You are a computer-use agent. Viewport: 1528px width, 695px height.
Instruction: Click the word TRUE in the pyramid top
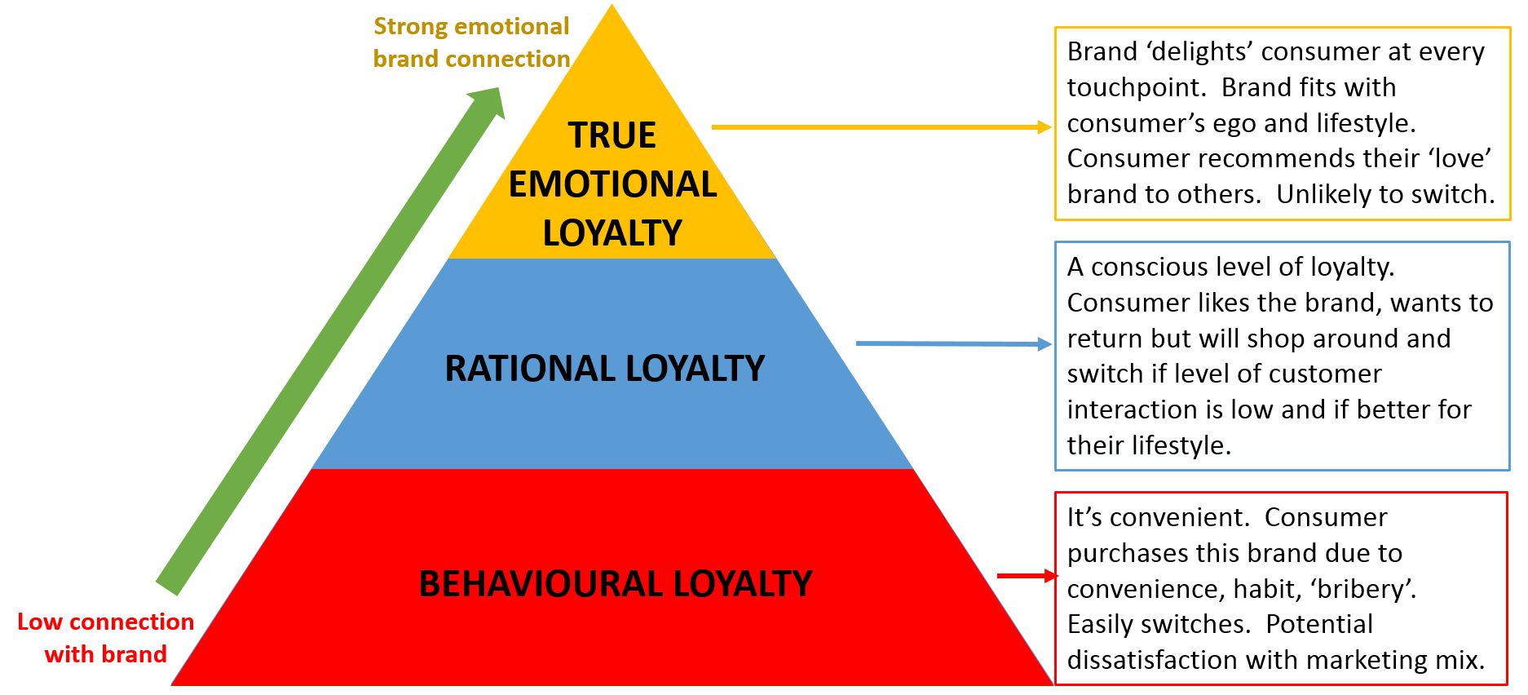click(612, 135)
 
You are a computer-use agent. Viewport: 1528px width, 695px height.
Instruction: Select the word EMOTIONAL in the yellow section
click(612, 184)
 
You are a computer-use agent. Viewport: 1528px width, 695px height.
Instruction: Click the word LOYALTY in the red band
click(742, 584)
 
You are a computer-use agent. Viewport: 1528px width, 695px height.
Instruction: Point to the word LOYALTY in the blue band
click(696, 369)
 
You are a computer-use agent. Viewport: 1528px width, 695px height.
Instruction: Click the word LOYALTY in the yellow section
click(612, 233)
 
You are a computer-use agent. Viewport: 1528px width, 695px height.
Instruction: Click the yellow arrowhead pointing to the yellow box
click(1044, 127)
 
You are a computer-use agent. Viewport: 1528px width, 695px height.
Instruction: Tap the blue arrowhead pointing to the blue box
click(1044, 344)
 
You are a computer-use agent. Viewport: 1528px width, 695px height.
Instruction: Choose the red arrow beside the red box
click(1027, 576)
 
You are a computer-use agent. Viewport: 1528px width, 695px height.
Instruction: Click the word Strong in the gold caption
click(410, 27)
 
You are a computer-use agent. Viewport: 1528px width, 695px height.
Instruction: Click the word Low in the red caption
click(40, 622)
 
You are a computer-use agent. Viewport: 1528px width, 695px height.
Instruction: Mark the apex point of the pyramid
click(612, 6)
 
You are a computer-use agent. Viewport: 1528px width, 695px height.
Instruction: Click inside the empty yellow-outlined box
click(1283, 124)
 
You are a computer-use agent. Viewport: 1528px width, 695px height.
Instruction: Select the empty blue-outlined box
click(1283, 356)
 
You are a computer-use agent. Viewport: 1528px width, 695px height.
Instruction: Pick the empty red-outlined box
click(1281, 588)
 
